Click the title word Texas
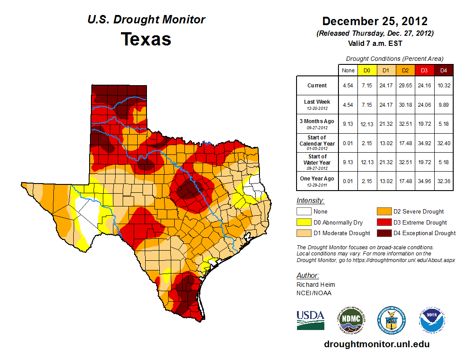146,39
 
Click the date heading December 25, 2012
375,21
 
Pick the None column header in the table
348,70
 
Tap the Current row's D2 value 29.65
405,86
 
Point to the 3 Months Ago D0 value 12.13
367,124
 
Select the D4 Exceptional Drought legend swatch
384,233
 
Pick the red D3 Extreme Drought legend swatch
384,222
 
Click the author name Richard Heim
316,285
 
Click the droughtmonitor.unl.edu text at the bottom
376,344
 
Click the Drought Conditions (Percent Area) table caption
395,59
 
